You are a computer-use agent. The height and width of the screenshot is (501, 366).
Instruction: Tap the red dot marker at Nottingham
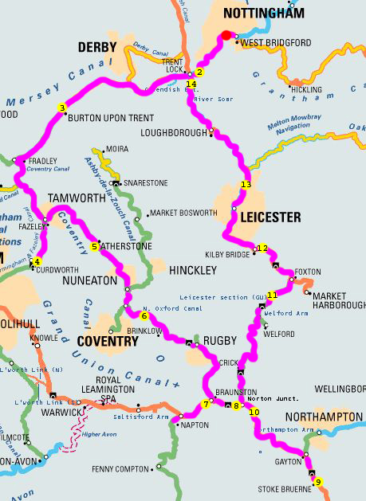[x=226, y=35]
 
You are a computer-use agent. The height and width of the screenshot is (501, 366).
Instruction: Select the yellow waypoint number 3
[x=62, y=108]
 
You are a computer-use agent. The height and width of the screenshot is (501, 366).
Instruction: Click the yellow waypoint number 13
[x=246, y=185]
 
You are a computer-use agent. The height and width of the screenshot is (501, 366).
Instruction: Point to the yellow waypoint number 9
[x=318, y=482]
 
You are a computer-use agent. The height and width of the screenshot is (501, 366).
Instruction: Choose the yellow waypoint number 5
[x=95, y=247]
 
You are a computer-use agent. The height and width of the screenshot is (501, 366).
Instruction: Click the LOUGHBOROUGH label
[x=173, y=134]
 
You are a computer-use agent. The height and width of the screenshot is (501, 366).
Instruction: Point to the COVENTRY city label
[x=108, y=341]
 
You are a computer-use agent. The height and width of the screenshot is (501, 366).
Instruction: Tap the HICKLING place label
[x=308, y=90]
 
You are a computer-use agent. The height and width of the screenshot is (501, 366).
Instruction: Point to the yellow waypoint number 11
[x=272, y=295]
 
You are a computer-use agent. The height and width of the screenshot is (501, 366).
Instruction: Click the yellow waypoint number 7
[x=206, y=404]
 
